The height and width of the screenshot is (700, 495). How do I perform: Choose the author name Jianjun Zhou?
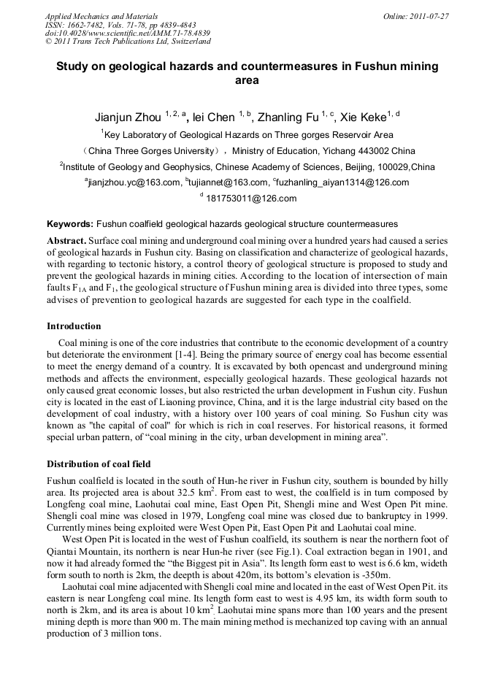128,118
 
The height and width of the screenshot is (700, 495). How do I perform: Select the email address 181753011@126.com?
250,199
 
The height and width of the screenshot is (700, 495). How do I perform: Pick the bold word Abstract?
67,240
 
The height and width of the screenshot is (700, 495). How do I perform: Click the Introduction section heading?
74,326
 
